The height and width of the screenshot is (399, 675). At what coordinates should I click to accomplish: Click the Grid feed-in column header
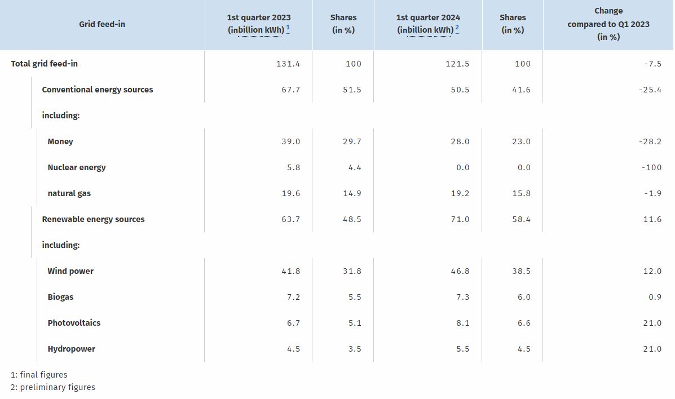tap(102, 24)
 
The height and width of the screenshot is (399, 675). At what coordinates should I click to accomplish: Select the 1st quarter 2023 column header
tap(259, 24)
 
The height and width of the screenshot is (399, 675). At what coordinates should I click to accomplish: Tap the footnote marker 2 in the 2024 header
tap(457, 29)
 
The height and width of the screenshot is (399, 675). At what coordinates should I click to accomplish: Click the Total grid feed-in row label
tap(45, 64)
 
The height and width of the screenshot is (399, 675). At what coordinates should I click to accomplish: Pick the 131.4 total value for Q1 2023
tap(288, 64)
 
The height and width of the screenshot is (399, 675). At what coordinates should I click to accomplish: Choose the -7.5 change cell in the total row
tap(652, 64)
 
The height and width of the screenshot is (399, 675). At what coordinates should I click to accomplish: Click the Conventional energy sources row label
tap(98, 90)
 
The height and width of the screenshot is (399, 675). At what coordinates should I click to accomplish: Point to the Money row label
tap(60, 141)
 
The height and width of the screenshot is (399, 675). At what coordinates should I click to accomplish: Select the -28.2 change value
tap(650, 141)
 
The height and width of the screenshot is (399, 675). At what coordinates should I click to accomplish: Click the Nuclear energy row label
tap(77, 167)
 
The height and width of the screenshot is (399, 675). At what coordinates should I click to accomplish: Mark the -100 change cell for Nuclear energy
tap(651, 167)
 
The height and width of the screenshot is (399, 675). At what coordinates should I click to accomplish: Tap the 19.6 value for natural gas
tap(291, 193)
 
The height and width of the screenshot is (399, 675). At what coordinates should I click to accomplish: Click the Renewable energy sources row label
tap(93, 219)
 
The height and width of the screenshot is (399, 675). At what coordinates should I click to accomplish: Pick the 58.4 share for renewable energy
tap(521, 220)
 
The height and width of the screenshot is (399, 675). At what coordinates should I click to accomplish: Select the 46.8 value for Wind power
tap(460, 271)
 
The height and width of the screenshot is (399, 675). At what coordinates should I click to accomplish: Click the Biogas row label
tap(60, 297)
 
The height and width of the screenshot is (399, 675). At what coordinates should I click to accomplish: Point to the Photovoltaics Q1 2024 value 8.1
tap(463, 323)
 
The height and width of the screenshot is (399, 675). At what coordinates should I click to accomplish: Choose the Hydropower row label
tap(71, 349)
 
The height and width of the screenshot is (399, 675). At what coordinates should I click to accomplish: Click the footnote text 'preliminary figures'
tap(58, 387)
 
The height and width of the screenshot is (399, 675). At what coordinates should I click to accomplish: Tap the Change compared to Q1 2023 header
tap(608, 24)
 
